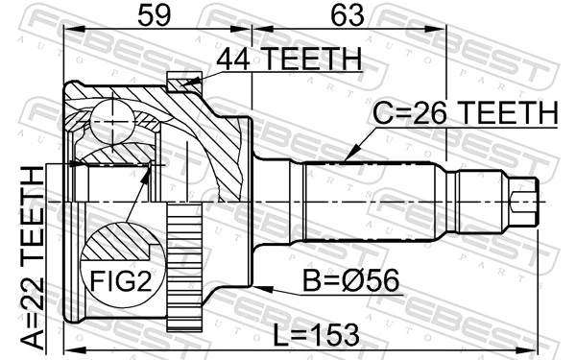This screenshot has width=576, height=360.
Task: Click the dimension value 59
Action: point(155,15)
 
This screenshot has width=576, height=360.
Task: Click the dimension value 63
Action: point(348,15)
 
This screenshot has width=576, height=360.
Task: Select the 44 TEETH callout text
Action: point(289,59)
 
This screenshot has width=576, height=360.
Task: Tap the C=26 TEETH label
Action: point(465,112)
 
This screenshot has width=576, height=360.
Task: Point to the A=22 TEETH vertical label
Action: point(33,258)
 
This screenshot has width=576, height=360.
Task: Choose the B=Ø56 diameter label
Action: point(350,280)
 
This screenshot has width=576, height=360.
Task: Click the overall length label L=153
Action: point(316,335)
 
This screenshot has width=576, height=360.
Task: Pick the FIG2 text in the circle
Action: point(121,281)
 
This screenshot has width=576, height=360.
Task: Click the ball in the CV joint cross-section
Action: point(112,122)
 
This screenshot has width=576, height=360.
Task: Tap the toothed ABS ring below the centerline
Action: point(184,267)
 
